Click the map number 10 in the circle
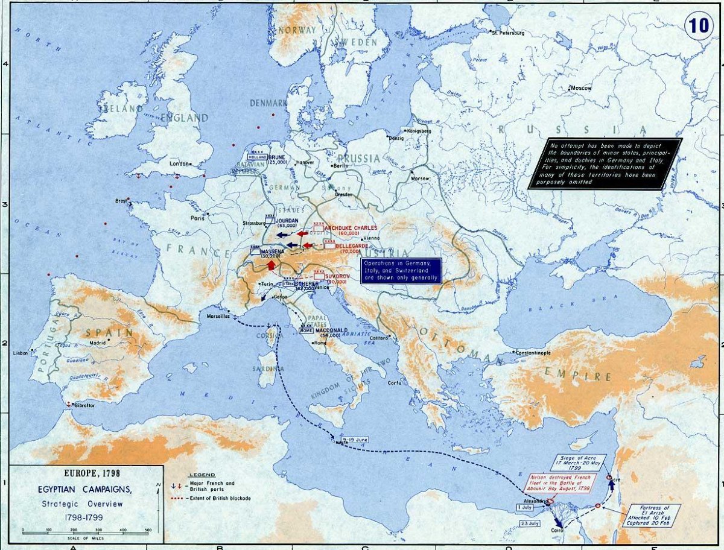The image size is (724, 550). point(697,28)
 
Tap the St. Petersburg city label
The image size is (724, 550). point(509,33)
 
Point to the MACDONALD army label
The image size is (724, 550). point(331,330)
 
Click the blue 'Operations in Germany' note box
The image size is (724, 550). point(401,271)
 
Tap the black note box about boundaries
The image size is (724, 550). point(605,163)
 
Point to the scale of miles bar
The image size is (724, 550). point(86,531)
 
